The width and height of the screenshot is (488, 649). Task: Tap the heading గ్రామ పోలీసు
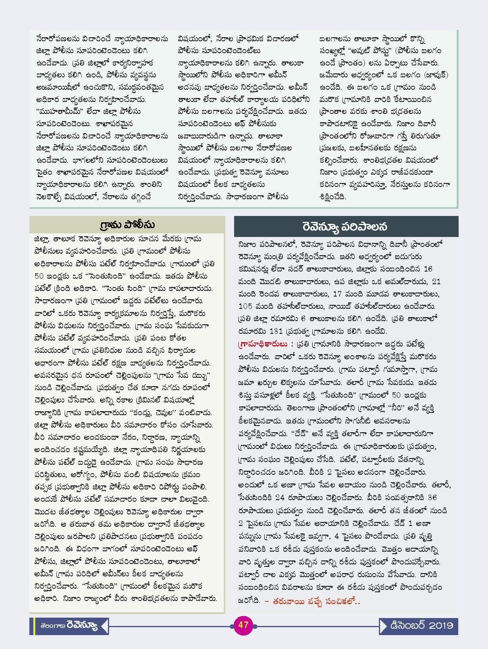(x=127, y=225)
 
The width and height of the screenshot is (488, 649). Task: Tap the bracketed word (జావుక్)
(x=436, y=75)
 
